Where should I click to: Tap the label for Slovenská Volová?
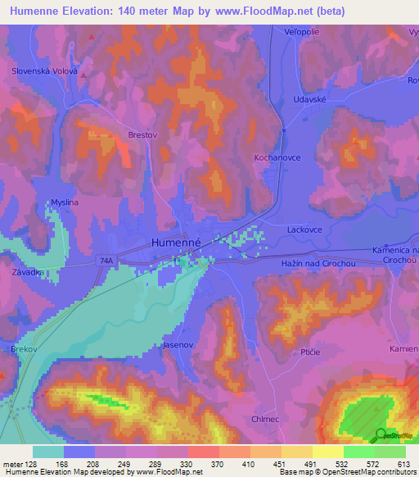click(44, 71)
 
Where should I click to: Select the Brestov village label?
click(119, 136)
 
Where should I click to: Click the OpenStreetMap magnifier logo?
click(381, 434)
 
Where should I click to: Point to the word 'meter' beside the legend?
click(11, 463)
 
